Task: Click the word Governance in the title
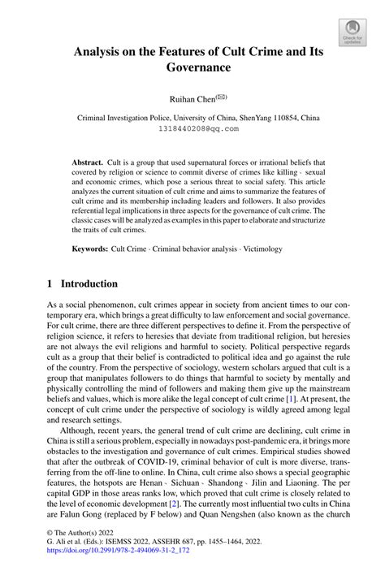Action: (x=192, y=67)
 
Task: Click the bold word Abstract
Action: (x=87, y=162)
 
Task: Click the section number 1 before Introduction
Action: (x=50, y=284)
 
